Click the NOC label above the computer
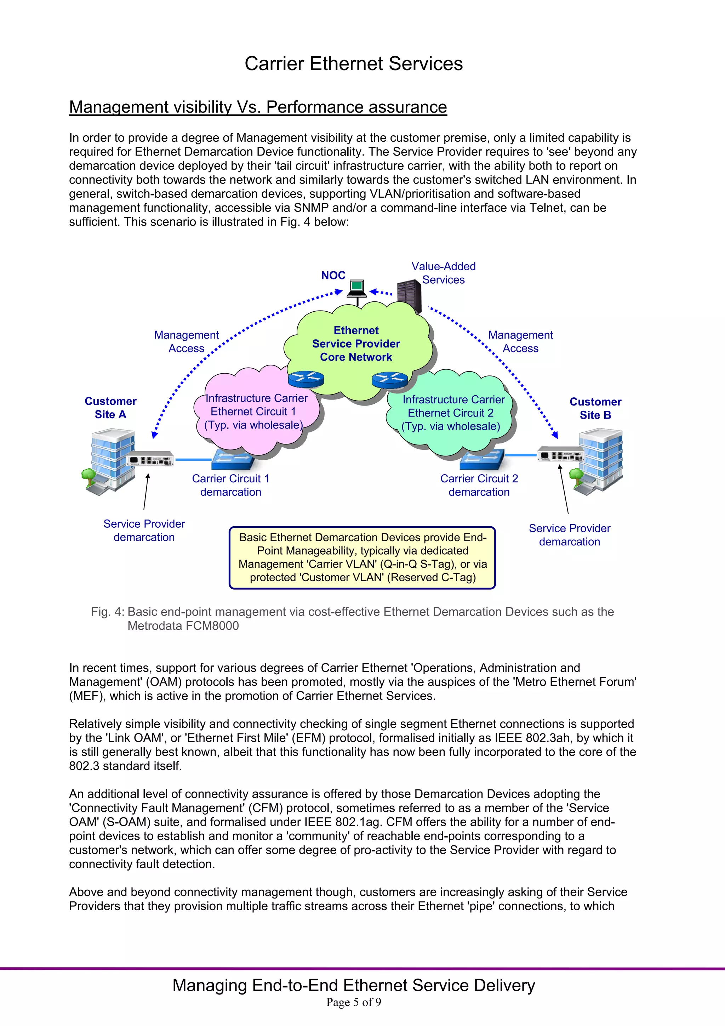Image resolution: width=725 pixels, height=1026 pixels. (333, 275)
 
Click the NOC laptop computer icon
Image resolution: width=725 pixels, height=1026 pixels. (357, 288)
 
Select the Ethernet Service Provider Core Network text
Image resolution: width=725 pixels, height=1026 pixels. (356, 344)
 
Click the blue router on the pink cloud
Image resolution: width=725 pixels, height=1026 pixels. (306, 380)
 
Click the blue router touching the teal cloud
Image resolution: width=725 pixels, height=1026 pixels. (389, 380)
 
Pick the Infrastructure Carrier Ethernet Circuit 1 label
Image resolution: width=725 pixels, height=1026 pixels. (256, 412)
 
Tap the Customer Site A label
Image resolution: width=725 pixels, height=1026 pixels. (110, 408)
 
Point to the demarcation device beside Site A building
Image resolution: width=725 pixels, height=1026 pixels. (150, 459)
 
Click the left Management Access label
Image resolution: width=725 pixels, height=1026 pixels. (186, 341)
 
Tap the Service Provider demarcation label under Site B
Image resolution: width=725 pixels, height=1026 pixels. (569, 535)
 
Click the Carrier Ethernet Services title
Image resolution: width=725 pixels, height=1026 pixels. (353, 63)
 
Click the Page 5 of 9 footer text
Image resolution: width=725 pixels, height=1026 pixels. (353, 1002)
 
